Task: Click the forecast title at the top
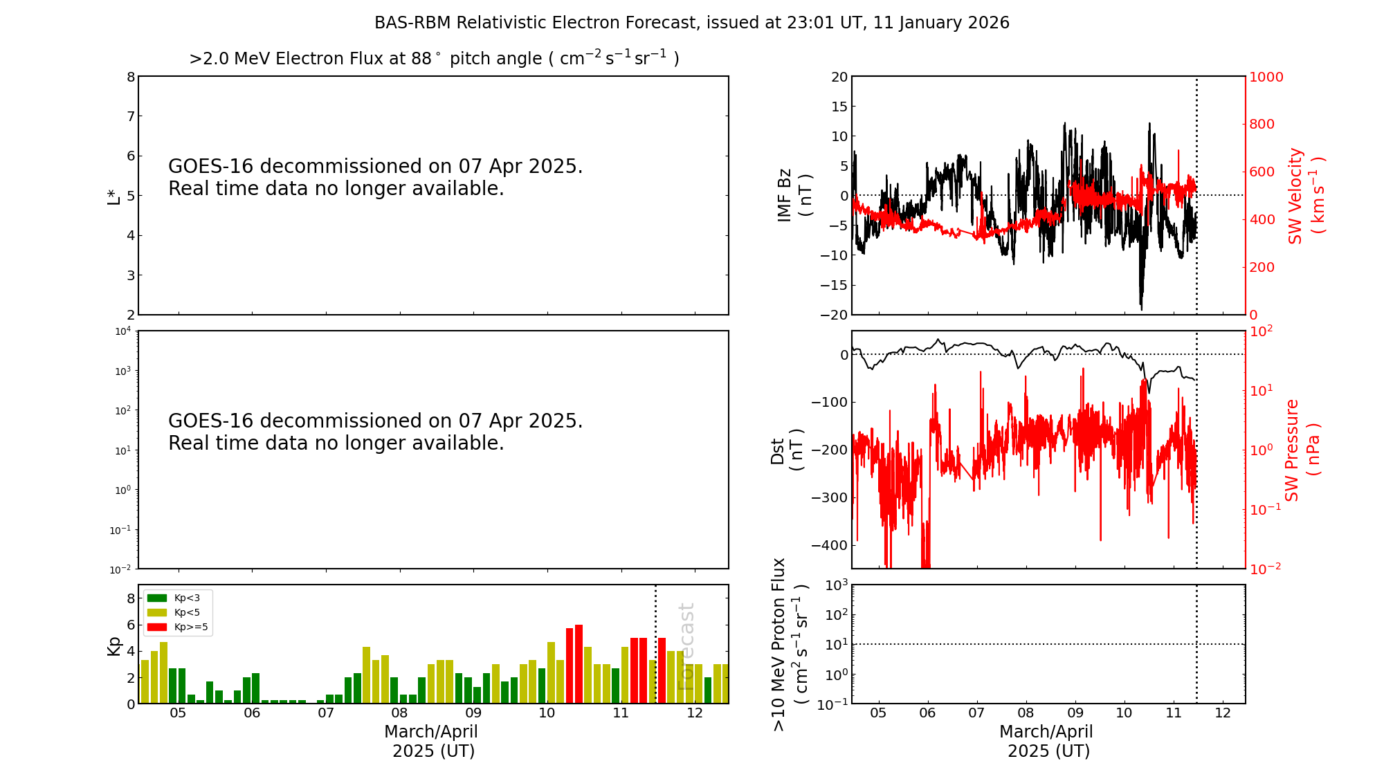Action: click(x=691, y=23)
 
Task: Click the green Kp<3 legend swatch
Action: click(x=157, y=598)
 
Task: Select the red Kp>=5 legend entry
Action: click(x=176, y=627)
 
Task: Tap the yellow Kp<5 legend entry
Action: click(x=176, y=612)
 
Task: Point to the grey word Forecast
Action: click(x=686, y=646)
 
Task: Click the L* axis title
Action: click(x=113, y=196)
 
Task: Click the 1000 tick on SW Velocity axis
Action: click(x=1266, y=77)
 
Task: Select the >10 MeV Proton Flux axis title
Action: click(x=790, y=644)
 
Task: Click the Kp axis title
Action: click(x=113, y=645)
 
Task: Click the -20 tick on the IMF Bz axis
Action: click(x=834, y=315)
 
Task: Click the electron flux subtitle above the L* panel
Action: click(x=434, y=59)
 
